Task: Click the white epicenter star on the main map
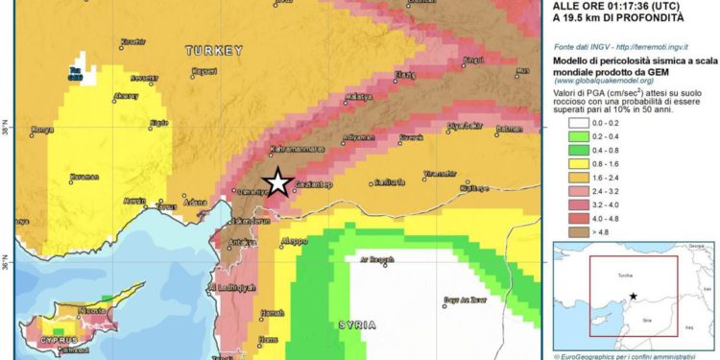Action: tap(278, 180)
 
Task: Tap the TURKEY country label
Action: tap(215, 50)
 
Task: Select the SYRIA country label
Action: tap(364, 325)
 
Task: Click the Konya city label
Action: tap(41, 131)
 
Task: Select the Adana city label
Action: tap(196, 203)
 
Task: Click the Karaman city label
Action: tap(84, 178)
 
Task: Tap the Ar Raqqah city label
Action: tap(376, 260)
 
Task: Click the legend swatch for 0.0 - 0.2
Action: tap(572, 124)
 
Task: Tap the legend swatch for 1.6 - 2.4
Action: tap(572, 177)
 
